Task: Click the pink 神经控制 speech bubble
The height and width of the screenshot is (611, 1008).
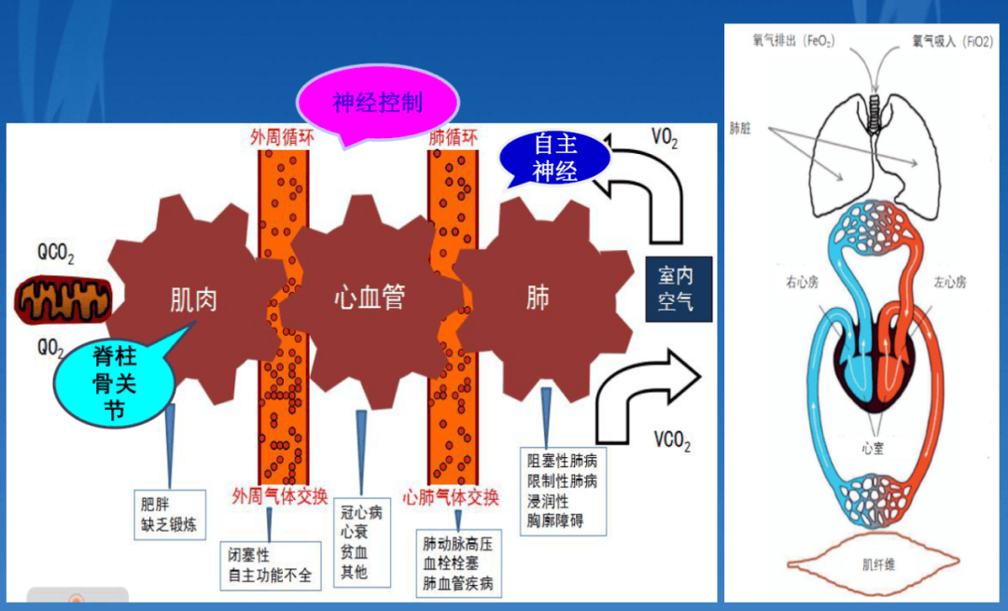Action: click(x=378, y=102)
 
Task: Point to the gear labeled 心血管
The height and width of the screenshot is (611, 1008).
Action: click(x=370, y=299)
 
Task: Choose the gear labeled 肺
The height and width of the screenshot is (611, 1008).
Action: click(x=538, y=299)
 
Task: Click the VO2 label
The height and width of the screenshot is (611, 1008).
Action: click(x=665, y=140)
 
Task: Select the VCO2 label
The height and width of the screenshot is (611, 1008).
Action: click(x=672, y=442)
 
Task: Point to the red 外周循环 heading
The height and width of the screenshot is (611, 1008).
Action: click(x=282, y=137)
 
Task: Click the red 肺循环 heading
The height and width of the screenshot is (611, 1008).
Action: click(x=453, y=137)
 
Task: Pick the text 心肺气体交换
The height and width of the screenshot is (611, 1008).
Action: click(x=451, y=494)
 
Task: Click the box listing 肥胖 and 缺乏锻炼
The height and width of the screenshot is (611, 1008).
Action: click(x=169, y=512)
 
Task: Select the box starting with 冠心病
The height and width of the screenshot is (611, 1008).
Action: click(x=361, y=541)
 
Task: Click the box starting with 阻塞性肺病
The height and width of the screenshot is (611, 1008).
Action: click(x=562, y=491)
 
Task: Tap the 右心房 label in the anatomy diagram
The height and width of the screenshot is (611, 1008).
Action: click(x=802, y=282)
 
